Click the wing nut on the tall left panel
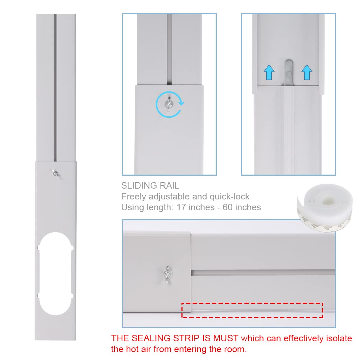(x=56, y=173)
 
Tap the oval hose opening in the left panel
(x=56, y=274)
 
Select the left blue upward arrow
(x=269, y=72)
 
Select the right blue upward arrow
(x=306, y=72)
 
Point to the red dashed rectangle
(x=252, y=310)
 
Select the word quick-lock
(x=229, y=197)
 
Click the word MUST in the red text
(x=225, y=338)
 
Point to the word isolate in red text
(x=340, y=338)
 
